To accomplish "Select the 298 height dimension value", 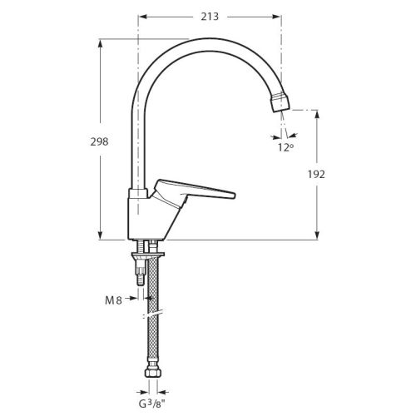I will pyautogui.click(x=99, y=141).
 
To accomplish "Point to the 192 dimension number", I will pyautogui.click(x=315, y=174).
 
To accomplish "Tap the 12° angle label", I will pyautogui.click(x=285, y=147).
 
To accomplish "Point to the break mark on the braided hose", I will pyautogui.click(x=153, y=314).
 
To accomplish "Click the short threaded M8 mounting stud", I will pyautogui.click(x=139, y=270).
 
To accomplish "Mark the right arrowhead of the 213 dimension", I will pyautogui.click(x=280, y=15).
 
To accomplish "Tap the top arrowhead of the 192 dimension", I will pyautogui.click(x=316, y=111).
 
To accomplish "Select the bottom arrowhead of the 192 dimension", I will pyautogui.click(x=316, y=237).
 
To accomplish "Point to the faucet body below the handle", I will pyautogui.click(x=141, y=216).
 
